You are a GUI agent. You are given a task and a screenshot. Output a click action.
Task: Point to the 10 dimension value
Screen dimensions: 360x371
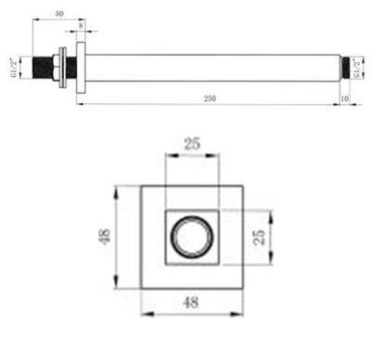click(346, 96)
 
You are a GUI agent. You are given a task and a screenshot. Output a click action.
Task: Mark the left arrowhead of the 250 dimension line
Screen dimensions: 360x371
click(76, 102)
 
